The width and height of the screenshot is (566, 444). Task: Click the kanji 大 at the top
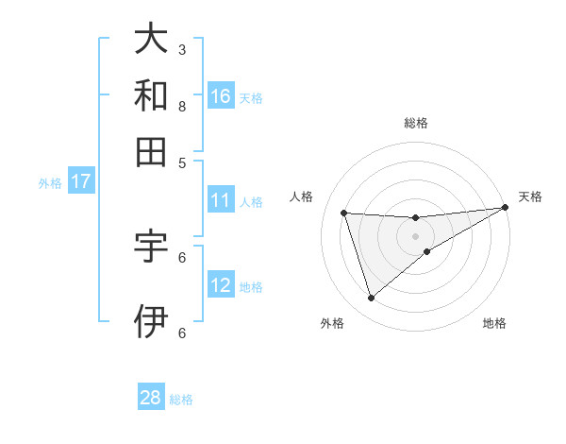point(151,40)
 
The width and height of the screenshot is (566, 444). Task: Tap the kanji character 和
point(151,96)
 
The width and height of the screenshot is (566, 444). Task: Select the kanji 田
point(151,151)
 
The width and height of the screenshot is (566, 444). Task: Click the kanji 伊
point(151,322)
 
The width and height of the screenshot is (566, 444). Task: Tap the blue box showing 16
point(221,95)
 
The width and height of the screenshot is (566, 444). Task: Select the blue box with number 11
point(221,199)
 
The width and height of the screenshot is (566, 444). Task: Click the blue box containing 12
point(221,285)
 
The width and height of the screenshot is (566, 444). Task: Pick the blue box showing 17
point(80,181)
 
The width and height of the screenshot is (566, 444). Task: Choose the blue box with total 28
point(151,398)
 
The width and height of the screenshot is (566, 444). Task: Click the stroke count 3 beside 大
point(182,49)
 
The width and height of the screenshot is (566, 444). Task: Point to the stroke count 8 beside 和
point(182,106)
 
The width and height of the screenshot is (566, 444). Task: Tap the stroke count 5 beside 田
point(182,162)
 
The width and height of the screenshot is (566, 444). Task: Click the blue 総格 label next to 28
point(182,400)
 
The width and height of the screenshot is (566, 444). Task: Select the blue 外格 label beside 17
point(50,183)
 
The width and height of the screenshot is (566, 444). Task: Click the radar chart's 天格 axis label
point(530,196)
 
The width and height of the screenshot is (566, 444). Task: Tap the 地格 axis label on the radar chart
point(494,323)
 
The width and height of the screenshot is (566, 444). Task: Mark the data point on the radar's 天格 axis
point(506,208)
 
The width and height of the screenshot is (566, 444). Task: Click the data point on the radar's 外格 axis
point(371,298)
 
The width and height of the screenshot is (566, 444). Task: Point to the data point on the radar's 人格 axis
point(344,213)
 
